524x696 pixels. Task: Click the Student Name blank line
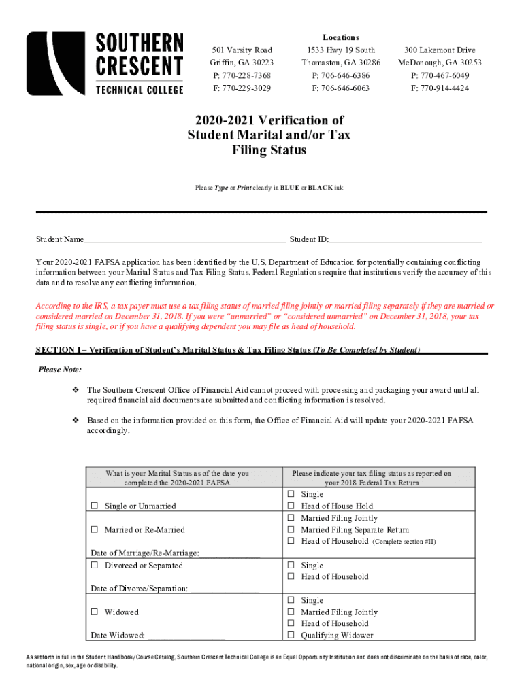[184, 239]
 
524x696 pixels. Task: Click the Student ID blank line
[406, 239]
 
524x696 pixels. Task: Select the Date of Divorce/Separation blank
[225, 589]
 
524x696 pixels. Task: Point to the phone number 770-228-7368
[242, 75]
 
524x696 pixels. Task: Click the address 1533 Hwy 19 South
[341, 50]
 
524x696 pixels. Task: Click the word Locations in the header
[341, 37]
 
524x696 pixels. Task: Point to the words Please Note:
[60, 370]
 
